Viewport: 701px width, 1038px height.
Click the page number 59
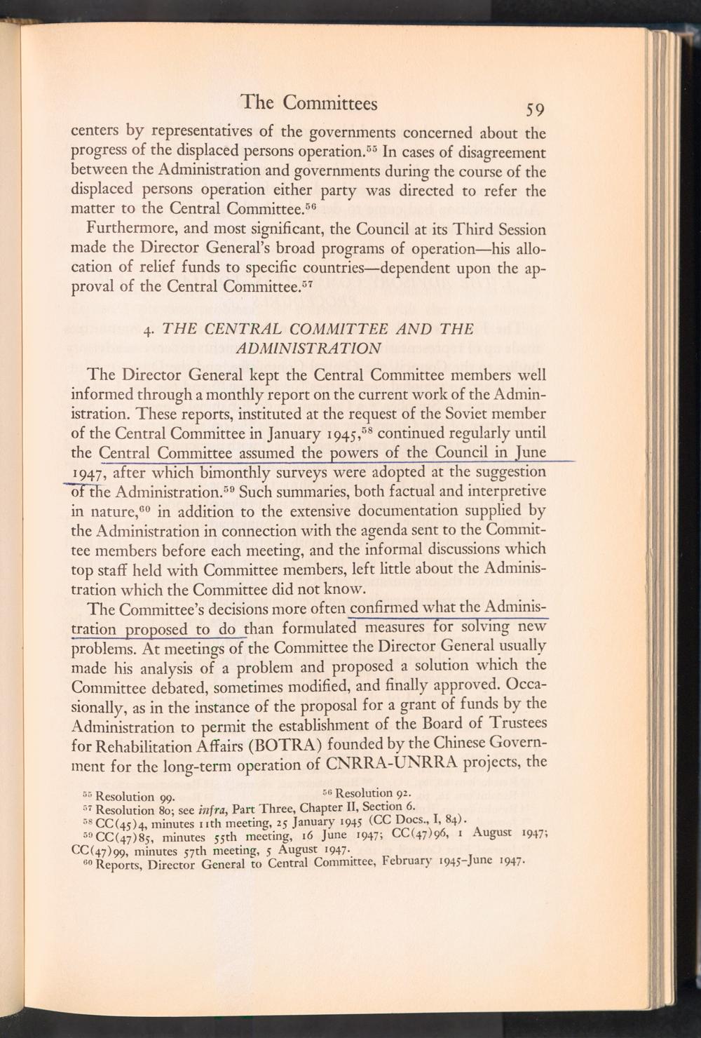pyautogui.click(x=531, y=109)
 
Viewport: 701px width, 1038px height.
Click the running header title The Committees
pyautogui.click(x=308, y=103)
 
